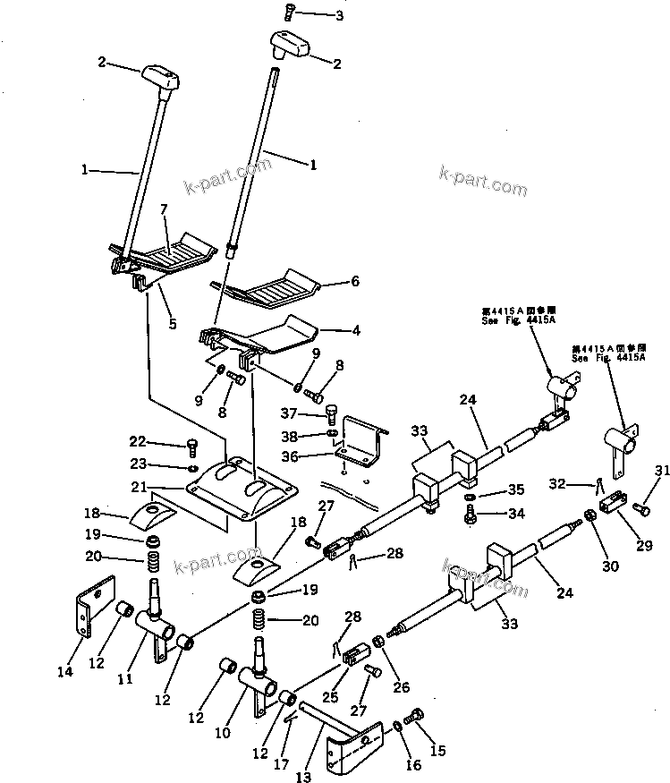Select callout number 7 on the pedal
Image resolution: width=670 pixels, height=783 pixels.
click(164, 210)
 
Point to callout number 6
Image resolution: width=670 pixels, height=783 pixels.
click(355, 281)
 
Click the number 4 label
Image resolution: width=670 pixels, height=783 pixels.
click(355, 330)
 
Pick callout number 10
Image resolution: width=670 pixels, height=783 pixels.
click(222, 733)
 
